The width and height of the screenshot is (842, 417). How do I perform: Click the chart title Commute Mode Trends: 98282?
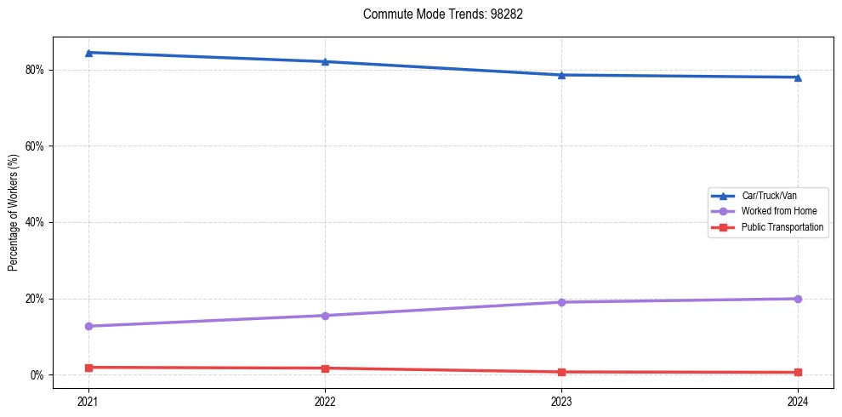pyautogui.click(x=436, y=14)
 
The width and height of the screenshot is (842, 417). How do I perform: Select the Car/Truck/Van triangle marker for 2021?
pyautogui.click(x=88, y=53)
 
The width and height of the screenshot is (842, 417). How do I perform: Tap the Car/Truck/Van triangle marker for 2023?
pyautogui.click(x=561, y=75)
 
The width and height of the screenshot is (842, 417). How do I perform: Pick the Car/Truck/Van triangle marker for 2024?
pyautogui.click(x=798, y=77)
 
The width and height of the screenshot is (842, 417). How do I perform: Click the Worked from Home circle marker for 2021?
pyautogui.click(x=88, y=326)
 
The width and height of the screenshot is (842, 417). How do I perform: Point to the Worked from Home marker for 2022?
pyautogui.click(x=325, y=316)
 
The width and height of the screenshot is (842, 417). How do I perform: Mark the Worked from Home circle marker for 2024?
pyautogui.click(x=798, y=299)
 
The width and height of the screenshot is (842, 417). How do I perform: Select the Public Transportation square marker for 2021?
pyautogui.click(x=88, y=368)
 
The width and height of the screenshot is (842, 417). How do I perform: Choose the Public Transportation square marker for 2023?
pyautogui.click(x=561, y=372)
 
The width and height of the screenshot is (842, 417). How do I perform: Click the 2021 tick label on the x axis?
pyautogui.click(x=88, y=400)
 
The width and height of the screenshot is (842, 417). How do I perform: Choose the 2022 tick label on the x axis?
pyautogui.click(x=325, y=400)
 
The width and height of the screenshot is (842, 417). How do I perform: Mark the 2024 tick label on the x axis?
pyautogui.click(x=798, y=400)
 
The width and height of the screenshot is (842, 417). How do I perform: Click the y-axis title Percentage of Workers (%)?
pyautogui.click(x=14, y=213)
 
